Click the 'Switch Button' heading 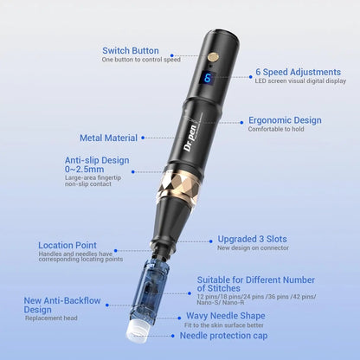130,50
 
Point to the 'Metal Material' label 108,137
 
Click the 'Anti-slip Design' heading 97,160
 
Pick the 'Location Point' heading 67,245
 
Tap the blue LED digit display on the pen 208,78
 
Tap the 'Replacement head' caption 51,318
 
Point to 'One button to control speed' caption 142,60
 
